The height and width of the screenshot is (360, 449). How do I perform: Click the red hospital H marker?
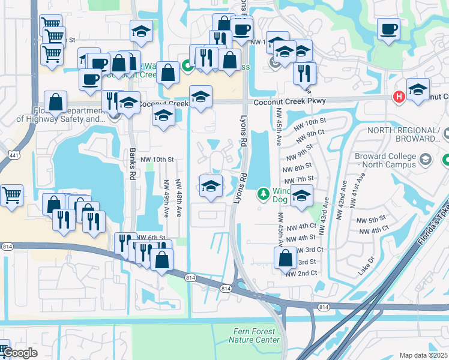click(397, 97)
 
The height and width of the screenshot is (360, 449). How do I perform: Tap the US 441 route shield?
click(13, 155)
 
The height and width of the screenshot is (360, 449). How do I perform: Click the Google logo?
click(20, 353)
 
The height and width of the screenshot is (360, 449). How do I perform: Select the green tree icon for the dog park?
click(262, 194)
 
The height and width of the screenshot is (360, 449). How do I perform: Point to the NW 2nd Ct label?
click(301, 274)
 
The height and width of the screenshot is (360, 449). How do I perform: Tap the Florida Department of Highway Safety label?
click(60, 115)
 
